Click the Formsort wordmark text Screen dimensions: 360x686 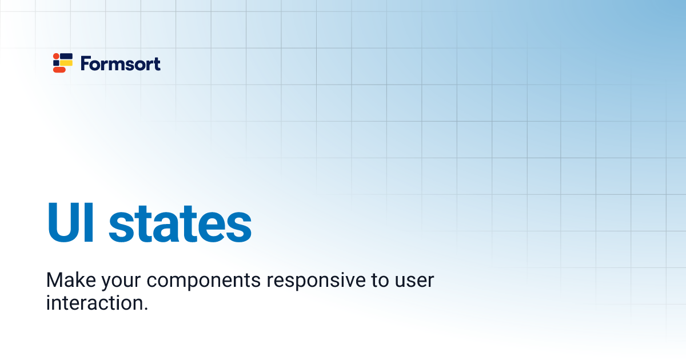pyautogui.click(x=121, y=63)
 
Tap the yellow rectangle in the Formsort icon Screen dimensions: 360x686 pyautogui.click(x=67, y=63)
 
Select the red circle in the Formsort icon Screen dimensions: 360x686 pyautogui.click(x=55, y=56)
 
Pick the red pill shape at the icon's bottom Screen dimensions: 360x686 pyautogui.click(x=59, y=70)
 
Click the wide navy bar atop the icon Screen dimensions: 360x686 pyautogui.click(x=66, y=56)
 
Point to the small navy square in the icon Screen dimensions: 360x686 pyautogui.click(x=56, y=63)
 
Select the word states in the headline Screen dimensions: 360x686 pyautogui.click(x=180, y=223)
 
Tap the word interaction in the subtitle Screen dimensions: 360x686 pyautogui.click(x=93, y=303)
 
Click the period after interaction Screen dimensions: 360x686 pyautogui.click(x=145, y=309)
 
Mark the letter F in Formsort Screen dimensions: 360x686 pyautogui.click(x=86, y=63)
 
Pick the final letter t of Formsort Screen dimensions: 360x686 pyautogui.click(x=157, y=63)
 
